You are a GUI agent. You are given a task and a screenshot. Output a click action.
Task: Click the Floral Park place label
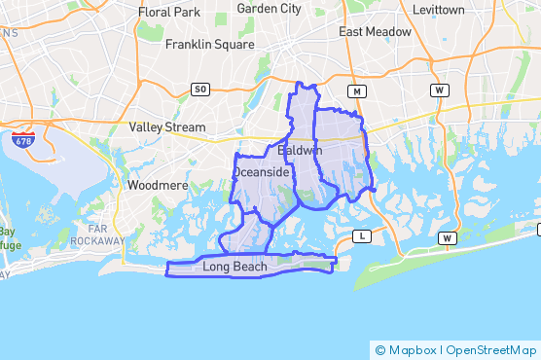pos(168,12)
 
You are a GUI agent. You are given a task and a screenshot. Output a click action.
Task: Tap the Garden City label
pos(270,9)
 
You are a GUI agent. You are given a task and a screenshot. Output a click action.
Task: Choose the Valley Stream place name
pos(167,127)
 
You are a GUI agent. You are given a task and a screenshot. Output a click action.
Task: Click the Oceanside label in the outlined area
pos(261,172)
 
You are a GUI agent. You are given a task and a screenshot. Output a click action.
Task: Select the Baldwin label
pos(300,152)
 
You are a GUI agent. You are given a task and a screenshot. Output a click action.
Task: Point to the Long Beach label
pos(234,267)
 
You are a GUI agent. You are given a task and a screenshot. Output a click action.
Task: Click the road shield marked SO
pos(200,90)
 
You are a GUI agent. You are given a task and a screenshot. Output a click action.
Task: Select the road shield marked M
pos(357,91)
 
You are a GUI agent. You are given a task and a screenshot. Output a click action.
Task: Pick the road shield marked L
pos(363,236)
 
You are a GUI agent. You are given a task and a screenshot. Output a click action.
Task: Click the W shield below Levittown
pos(441,90)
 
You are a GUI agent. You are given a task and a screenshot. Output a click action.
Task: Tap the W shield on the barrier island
pos(447,238)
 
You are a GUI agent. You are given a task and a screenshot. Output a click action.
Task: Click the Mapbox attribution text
pos(410,349)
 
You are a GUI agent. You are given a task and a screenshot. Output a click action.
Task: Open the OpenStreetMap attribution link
pos(489,349)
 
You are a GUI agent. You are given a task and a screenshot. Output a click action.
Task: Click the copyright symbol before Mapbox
pos(380,349)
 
